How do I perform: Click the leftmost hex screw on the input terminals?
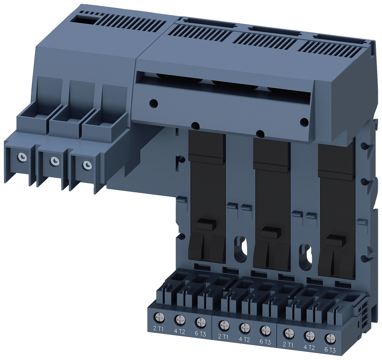[x=23, y=157]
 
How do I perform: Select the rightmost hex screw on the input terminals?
[x=87, y=165]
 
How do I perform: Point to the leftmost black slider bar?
[x=207, y=199]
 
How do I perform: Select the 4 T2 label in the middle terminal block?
[x=244, y=339]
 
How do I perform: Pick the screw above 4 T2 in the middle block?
[x=245, y=328]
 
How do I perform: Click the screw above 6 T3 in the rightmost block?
[x=330, y=338]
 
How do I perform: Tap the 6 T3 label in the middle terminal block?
[x=265, y=342]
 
